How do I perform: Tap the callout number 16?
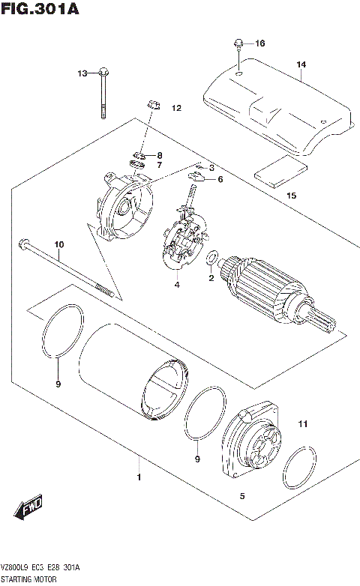coord(260,43)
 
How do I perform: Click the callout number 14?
coord(301,65)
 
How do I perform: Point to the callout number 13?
coord(82,73)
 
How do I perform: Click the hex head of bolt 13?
coord(102,73)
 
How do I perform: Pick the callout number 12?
coord(176,109)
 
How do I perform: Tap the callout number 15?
coord(291,196)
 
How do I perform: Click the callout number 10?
coord(59,245)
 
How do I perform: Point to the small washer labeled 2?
coord(213,259)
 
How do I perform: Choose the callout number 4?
coord(177,285)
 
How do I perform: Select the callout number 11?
coord(302,425)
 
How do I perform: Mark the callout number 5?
coord(241,496)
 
